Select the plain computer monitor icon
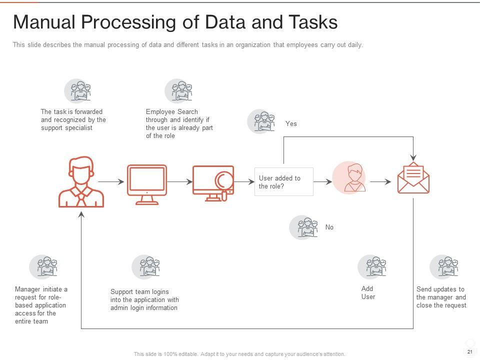[x=147, y=184]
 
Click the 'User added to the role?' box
[x=283, y=182]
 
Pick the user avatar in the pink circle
[x=349, y=178]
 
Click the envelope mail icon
[x=413, y=178]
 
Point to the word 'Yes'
[x=291, y=123]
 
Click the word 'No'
[x=329, y=227]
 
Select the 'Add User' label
[x=368, y=292]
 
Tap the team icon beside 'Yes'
[x=261, y=121]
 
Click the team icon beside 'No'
[x=303, y=227]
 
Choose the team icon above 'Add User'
[x=371, y=267]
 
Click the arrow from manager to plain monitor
[x=111, y=182]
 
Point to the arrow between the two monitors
[x=180, y=182]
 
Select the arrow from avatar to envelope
[x=380, y=182]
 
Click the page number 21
[x=469, y=352]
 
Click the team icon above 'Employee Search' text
[x=178, y=91]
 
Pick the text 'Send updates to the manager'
[x=441, y=293]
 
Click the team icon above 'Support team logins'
[x=145, y=267]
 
